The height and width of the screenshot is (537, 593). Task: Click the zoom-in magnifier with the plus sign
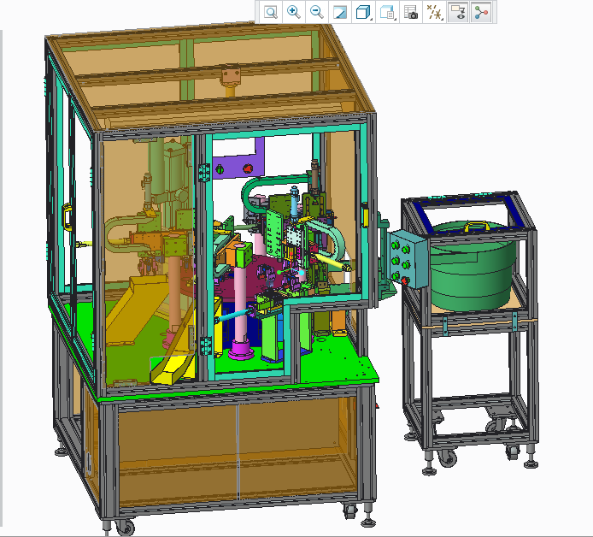pos(293,12)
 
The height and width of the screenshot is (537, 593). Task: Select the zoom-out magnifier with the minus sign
pos(316,12)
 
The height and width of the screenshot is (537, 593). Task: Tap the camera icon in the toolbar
pos(411,12)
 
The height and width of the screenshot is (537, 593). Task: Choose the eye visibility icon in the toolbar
pos(458,12)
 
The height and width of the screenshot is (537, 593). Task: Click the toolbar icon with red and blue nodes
pos(481,12)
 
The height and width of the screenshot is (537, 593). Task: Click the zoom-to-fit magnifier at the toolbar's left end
pos(270,12)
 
